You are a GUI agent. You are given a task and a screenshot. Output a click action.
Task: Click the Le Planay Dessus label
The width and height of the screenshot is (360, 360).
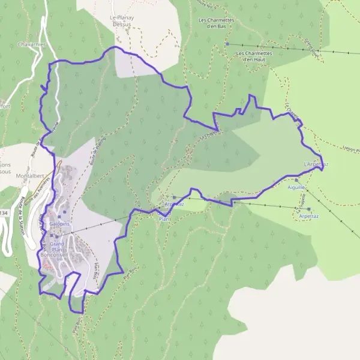122,22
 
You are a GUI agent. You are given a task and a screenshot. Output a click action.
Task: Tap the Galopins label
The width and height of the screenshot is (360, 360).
61,224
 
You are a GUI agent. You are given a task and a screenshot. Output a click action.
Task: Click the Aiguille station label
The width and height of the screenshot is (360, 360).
296,187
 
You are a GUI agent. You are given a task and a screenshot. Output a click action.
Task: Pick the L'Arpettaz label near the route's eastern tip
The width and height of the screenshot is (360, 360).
316,164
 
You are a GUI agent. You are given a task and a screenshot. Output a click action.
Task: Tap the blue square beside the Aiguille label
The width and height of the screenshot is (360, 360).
296,179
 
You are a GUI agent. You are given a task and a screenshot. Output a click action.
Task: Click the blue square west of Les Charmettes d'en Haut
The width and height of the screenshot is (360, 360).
227,44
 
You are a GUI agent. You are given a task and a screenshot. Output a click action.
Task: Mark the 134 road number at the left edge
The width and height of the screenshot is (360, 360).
5,212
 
